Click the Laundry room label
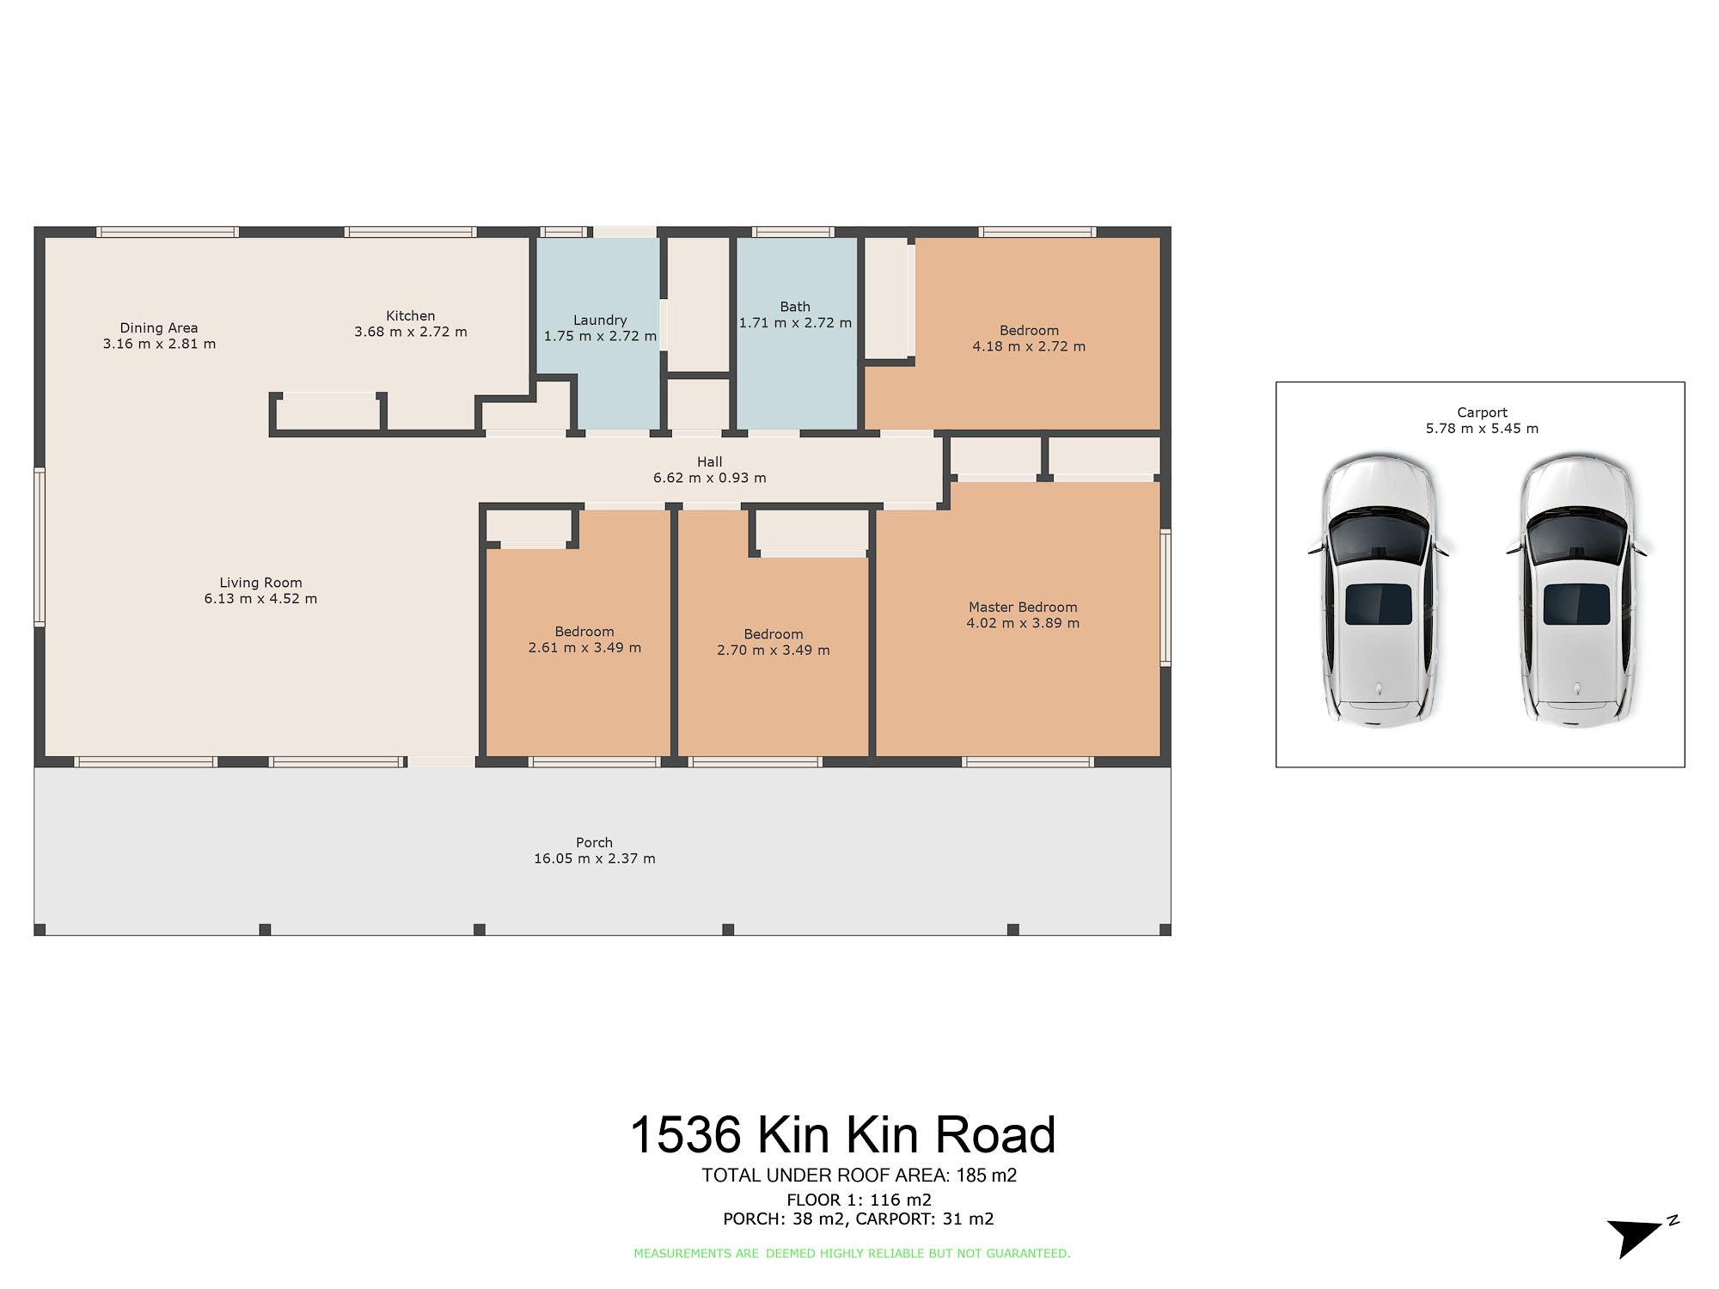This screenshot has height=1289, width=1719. [600, 320]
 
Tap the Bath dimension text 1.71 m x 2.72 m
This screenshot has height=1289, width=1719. [795, 323]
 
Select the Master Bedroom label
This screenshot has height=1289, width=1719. [1023, 608]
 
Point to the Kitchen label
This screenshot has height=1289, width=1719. [411, 316]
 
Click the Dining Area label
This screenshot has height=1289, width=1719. [159, 328]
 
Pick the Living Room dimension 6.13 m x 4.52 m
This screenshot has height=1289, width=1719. [260, 599]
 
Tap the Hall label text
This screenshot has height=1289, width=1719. [710, 462]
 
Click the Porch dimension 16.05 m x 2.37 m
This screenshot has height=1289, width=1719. [595, 858]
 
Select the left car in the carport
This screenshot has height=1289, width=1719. [1379, 591]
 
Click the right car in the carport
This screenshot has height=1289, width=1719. [1576, 591]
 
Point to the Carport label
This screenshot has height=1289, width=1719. [1482, 412]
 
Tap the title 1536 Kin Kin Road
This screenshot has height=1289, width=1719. [842, 1135]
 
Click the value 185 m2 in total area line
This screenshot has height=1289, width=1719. [987, 1176]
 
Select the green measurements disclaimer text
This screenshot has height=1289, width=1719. [852, 1254]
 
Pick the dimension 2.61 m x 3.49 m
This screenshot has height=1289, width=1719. [584, 648]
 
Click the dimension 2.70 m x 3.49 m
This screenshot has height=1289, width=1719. [774, 651]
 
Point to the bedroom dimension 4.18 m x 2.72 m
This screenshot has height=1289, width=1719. [1029, 346]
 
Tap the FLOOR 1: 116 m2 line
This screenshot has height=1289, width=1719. [859, 1200]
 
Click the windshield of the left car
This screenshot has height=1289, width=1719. [1379, 535]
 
